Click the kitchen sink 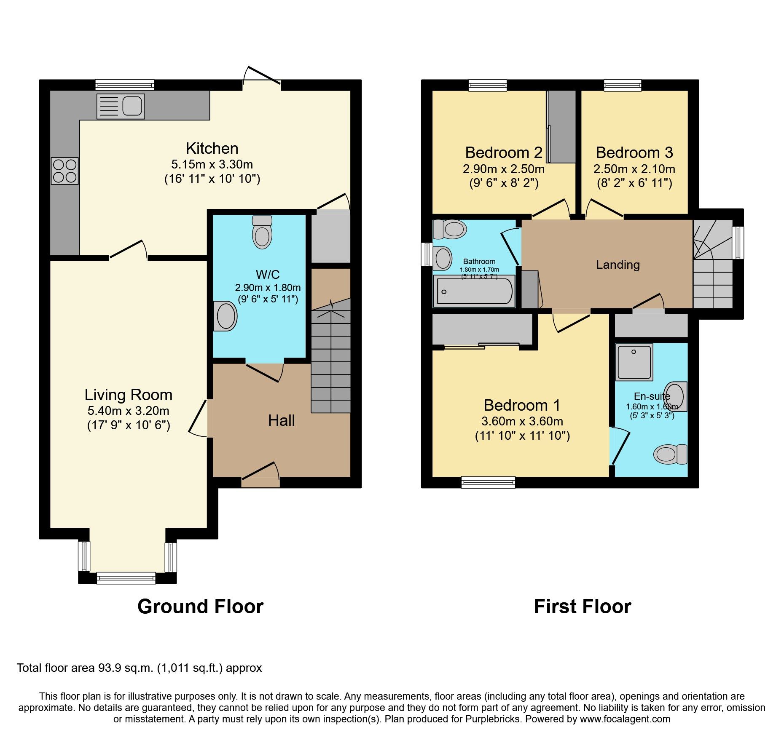121,106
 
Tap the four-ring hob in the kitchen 65,171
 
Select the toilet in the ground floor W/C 262,233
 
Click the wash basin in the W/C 226,316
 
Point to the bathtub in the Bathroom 474,291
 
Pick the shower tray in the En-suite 634,361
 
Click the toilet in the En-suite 670,454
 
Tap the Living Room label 129,395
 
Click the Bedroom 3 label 634,152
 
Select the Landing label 618,265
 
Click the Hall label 281,420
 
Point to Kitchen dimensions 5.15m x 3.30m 212,164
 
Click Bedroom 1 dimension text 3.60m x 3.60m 522,421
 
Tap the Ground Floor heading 200,607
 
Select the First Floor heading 582,607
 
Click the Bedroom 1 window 488,482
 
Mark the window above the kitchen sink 124,85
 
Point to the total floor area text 139,668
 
